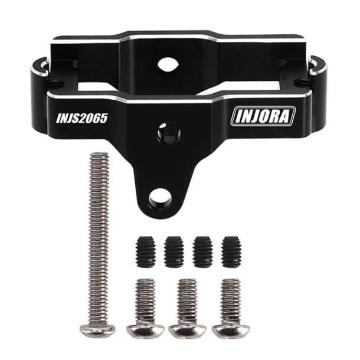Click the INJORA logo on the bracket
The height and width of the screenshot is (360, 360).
point(264,116)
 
